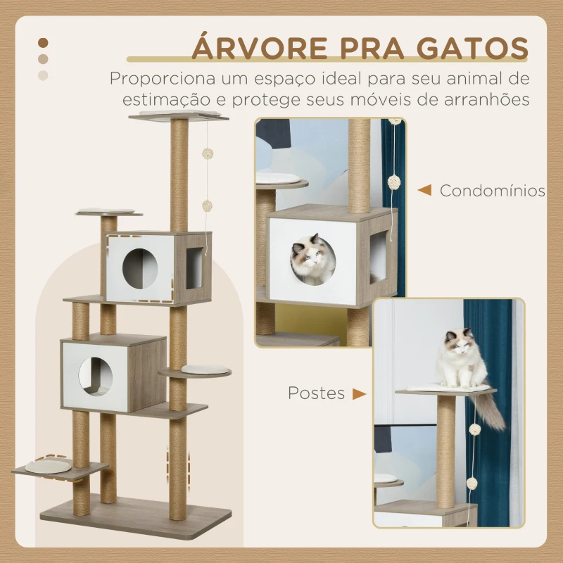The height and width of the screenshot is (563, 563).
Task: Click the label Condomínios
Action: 493,191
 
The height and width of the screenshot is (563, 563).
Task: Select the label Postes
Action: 316,393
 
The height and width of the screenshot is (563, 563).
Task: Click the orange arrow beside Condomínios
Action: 424,190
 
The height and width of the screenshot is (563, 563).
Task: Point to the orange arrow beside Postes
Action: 359,394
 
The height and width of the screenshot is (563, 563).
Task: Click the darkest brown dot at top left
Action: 43,43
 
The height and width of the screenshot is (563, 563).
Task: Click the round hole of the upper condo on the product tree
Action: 140,269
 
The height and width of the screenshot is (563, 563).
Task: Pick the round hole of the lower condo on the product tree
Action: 96,377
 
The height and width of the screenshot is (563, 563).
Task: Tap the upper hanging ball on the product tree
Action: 208,153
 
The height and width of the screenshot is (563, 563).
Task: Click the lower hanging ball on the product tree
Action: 207,205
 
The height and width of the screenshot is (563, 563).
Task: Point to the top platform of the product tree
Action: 179,115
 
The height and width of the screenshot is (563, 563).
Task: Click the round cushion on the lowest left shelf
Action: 48,467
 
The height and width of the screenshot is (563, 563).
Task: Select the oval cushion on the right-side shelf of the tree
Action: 205,369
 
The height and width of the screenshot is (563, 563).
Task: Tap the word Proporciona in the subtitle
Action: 163,79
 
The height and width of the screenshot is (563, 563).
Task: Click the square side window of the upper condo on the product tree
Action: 194,268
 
